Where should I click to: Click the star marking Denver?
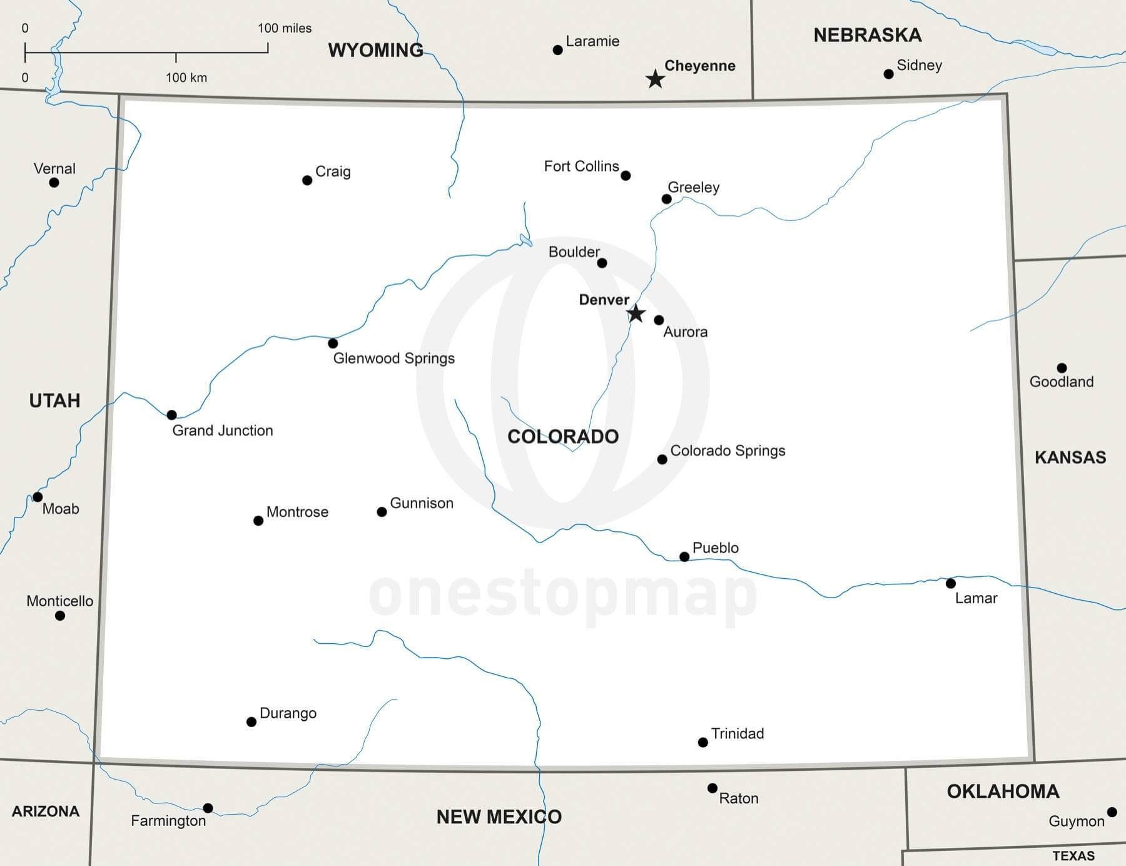click(x=636, y=313)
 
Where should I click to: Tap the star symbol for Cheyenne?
click(x=655, y=79)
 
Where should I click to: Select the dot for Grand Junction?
click(x=172, y=415)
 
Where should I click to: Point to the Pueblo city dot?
click(x=684, y=557)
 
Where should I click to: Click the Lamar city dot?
click(x=951, y=583)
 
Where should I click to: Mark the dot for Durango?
click(x=251, y=722)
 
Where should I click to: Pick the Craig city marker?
click(x=307, y=181)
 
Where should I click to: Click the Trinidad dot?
click(x=703, y=743)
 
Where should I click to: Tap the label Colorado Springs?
click(x=728, y=451)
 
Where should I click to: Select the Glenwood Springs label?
click(x=393, y=359)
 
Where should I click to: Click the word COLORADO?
click(x=563, y=437)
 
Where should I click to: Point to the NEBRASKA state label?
click(x=867, y=36)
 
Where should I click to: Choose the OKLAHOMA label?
click(x=1003, y=792)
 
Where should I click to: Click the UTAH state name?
click(x=55, y=400)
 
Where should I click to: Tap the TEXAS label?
click(x=1073, y=856)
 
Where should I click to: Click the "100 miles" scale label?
click(x=285, y=28)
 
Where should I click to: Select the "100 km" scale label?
click(x=186, y=78)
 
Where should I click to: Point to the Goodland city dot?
click(x=1062, y=368)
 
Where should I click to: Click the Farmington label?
click(x=168, y=821)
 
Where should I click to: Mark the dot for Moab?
click(x=38, y=497)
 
